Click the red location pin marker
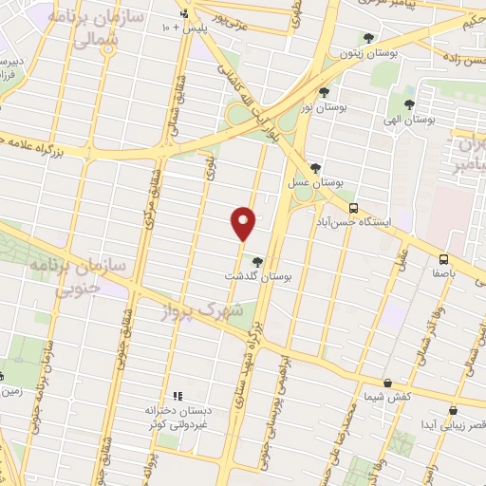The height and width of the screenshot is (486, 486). coord(244,222)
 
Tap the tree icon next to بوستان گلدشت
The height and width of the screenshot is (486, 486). coord(257,261)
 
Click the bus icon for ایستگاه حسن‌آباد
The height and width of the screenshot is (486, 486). coord(353,208)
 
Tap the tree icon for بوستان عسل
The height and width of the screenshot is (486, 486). coord(327,169)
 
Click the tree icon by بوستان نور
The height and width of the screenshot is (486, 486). coord(325,92)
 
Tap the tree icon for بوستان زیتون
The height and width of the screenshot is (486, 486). coord(368,38)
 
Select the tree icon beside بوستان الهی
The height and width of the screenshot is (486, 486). coord(409,105)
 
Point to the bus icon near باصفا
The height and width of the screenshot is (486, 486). coord(443,258)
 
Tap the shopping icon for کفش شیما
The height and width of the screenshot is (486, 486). coord(387,383)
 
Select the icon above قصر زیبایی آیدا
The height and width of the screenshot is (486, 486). coord(452,411)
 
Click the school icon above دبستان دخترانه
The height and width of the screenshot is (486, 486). coord(177,396)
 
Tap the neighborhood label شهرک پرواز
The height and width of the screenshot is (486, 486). coord(210,310)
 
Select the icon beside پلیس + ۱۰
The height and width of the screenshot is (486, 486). coord(185,14)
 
